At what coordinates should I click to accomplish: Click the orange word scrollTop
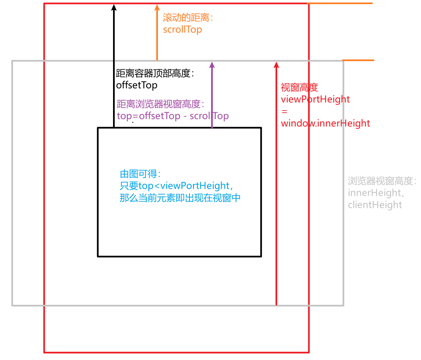point(182,30)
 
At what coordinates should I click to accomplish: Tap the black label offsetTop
point(137,85)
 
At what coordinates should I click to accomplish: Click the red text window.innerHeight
point(325,123)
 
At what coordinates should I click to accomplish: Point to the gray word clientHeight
point(375,205)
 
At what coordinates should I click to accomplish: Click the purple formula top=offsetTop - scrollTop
point(173,116)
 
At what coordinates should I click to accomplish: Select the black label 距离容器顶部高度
point(153,74)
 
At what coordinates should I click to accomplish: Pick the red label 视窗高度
point(299,87)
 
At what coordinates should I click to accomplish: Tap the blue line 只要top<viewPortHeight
point(175,185)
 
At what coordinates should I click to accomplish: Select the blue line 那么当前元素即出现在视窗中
point(180,197)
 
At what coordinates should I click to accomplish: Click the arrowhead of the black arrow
point(113,6)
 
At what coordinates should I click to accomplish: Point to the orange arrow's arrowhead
point(157,7)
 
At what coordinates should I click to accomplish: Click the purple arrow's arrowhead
point(212,64)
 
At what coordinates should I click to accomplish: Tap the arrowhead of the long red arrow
point(276,64)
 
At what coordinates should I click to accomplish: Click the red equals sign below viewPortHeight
point(284,111)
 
